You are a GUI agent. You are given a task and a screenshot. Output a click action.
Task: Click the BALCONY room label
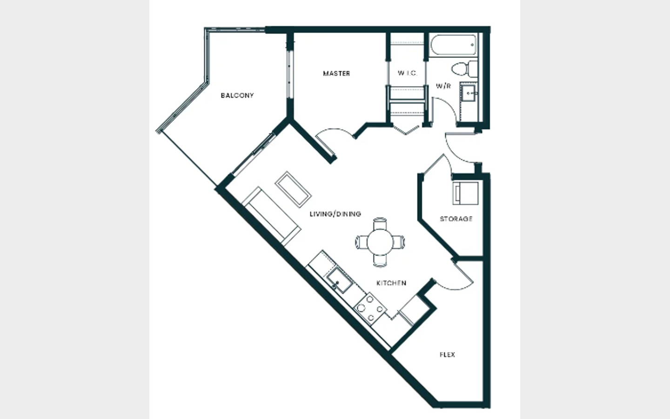tap(237, 95)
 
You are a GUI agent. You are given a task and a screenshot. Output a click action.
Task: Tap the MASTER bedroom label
tap(336, 74)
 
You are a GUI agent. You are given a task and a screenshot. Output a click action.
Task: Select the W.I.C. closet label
tap(408, 73)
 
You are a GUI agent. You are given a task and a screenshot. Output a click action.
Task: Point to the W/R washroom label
tap(443, 86)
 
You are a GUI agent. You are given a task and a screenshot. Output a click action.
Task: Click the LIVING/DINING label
tap(335, 214)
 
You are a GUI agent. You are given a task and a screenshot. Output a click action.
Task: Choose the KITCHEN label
tap(391, 283)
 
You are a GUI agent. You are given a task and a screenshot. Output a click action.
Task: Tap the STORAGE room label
tap(456, 219)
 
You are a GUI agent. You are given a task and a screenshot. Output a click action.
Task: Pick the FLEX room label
tap(448, 355)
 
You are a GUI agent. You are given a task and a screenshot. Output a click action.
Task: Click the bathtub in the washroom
tap(454, 45)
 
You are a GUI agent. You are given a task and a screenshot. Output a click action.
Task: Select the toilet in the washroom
tap(464, 69)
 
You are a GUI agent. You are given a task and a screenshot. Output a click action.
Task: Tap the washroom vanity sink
tap(469, 93)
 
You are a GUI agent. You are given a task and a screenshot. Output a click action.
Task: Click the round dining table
tap(380, 242)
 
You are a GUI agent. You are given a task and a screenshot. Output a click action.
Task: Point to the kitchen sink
tap(340, 280)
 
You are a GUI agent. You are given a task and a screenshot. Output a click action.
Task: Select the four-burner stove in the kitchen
tap(370, 309)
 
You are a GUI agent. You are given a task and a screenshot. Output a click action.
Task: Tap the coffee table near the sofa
tap(293, 189)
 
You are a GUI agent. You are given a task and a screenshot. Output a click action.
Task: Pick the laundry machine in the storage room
tap(465, 193)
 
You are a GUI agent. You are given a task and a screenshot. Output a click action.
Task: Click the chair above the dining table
tap(380, 223)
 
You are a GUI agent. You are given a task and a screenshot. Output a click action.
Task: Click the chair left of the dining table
tap(362, 242)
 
